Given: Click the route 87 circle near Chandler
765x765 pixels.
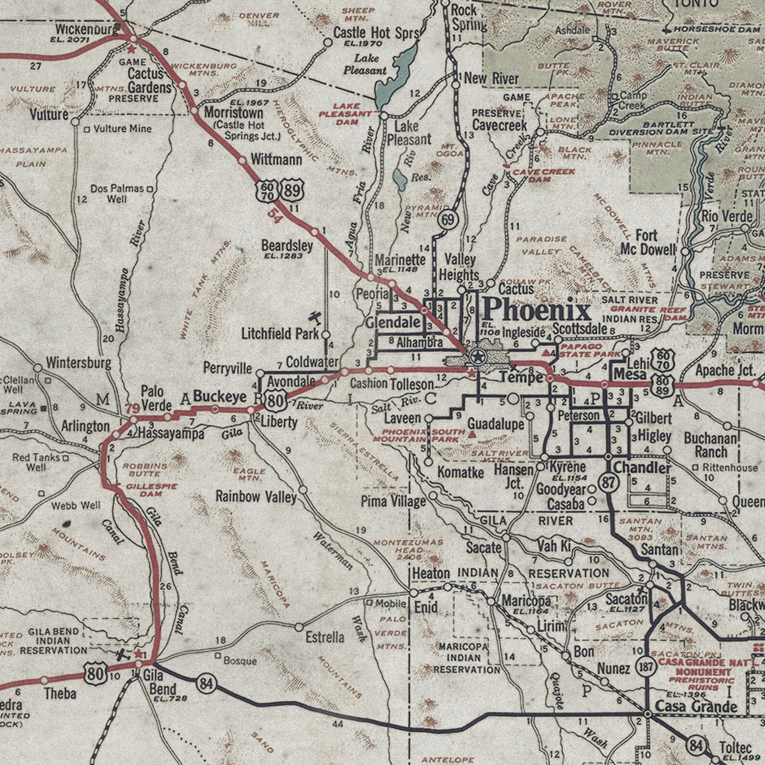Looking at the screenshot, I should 608,482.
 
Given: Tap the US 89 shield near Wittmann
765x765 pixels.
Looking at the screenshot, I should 292,189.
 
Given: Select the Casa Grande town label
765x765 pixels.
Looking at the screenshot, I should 696,707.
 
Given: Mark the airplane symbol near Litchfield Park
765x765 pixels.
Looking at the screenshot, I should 315,318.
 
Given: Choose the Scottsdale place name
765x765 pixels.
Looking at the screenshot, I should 580,329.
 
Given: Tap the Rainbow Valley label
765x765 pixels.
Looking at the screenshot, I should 256,496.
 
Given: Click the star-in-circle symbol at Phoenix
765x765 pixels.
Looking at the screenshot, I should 477,357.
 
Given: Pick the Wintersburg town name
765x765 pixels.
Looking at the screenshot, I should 79,363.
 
